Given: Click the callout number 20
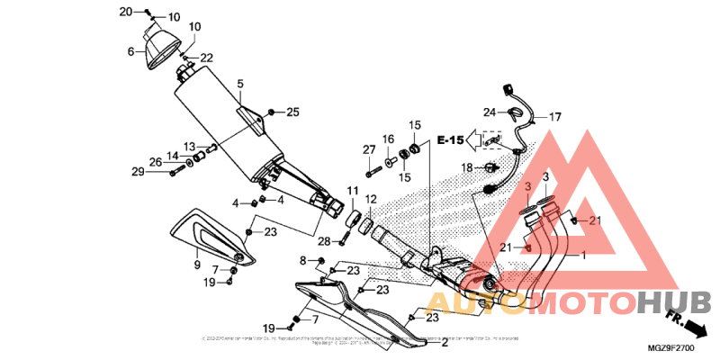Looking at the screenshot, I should [125, 12].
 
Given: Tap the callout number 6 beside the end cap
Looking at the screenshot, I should [132, 52].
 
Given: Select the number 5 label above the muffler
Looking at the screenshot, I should [240, 84].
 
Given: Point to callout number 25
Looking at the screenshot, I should [292, 112].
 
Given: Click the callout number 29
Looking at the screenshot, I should [138, 172].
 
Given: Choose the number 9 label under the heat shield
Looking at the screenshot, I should [197, 265].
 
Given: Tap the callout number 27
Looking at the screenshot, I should [369, 148].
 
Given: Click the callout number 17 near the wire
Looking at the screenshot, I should [555, 117].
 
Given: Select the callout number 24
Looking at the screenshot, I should [489, 112].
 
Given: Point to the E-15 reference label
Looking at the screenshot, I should [451, 140].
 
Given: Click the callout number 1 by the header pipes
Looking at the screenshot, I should [582, 256].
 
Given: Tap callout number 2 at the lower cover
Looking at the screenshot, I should [444, 342].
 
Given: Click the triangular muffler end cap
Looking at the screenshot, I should [161, 45].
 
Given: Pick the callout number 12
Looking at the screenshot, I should [370, 199].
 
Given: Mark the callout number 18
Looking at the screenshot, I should [467, 168].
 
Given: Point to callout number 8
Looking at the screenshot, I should [303, 260].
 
